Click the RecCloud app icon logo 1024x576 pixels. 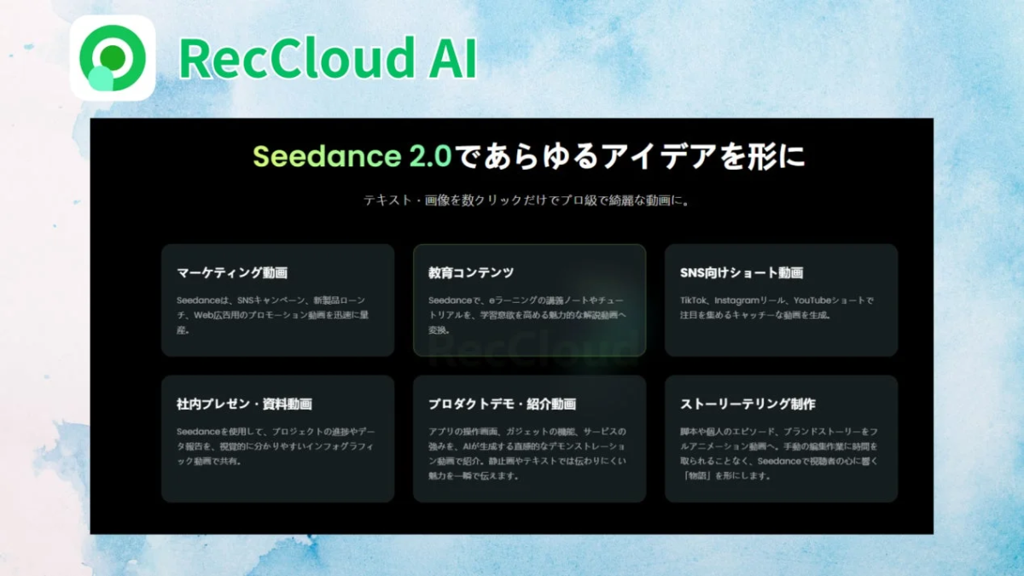click(x=112, y=58)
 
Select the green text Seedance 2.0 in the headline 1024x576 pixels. click(x=352, y=157)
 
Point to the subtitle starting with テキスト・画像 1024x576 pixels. click(x=526, y=202)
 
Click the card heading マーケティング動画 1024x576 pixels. click(x=232, y=273)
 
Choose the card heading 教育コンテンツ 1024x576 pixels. click(x=471, y=273)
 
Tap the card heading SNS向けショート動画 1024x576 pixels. click(x=742, y=273)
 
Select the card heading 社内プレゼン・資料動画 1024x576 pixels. click(x=244, y=404)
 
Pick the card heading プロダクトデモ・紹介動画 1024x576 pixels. click(x=502, y=404)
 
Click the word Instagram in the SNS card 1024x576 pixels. click(x=739, y=300)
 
